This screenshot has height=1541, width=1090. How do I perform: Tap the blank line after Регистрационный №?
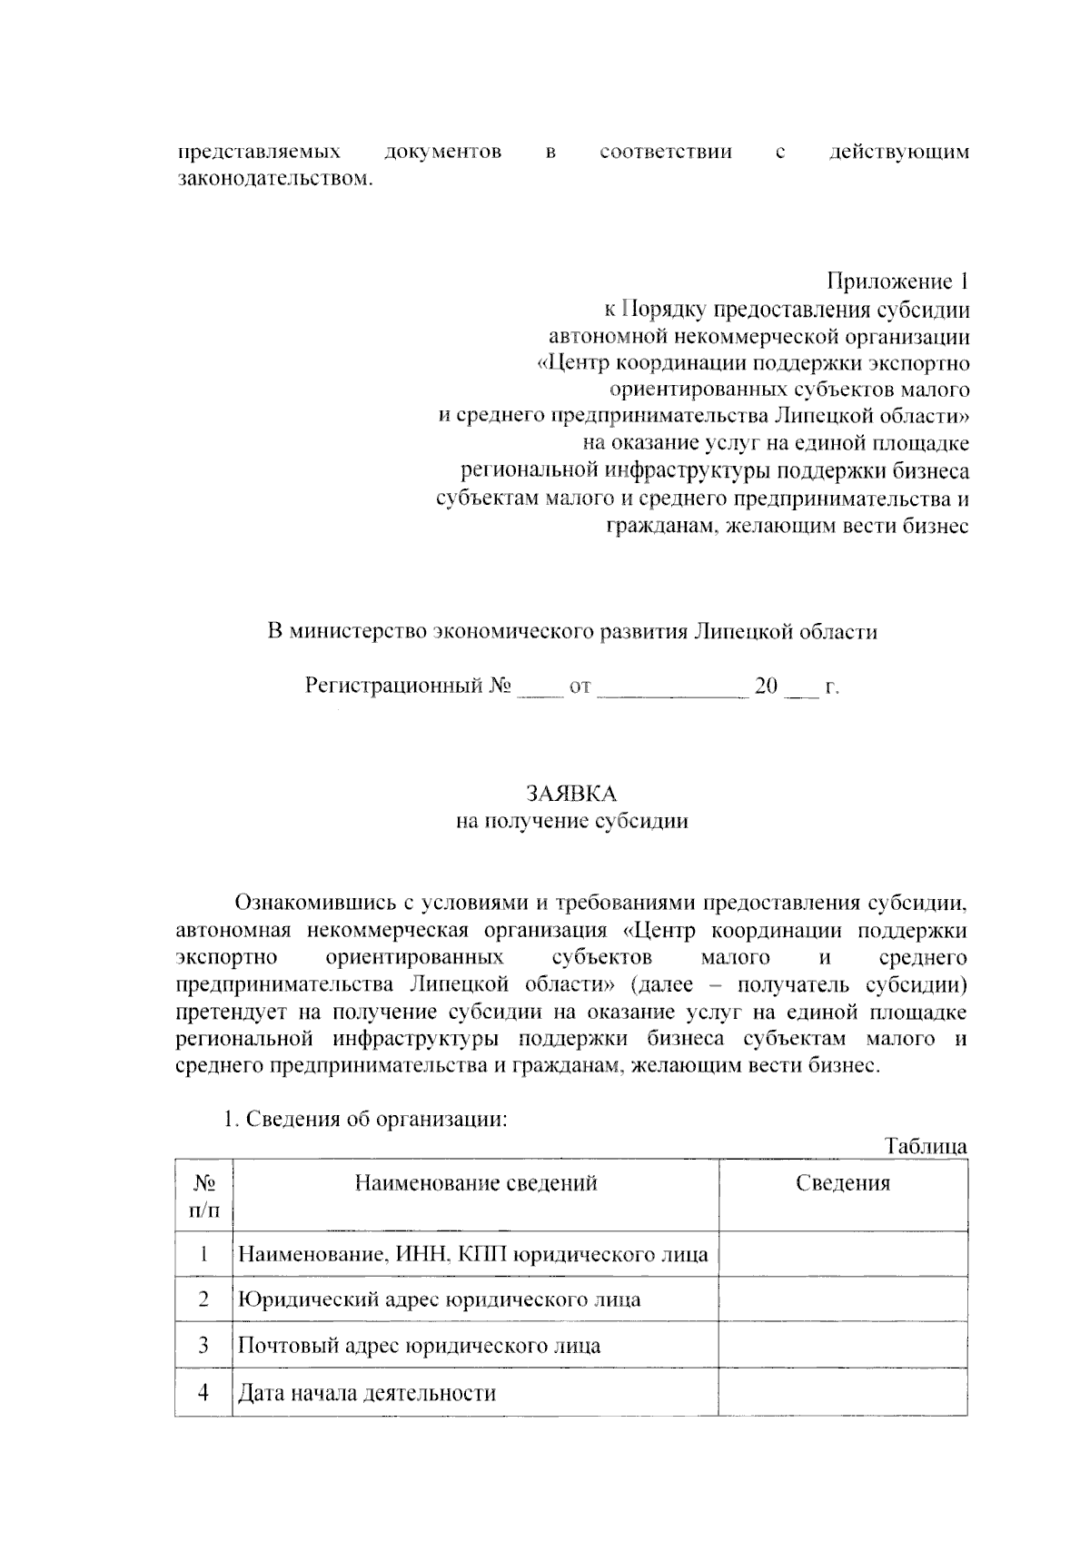click(540, 687)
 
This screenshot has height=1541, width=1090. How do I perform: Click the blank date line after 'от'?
click(673, 687)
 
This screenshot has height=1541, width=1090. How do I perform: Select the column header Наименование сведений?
click(475, 1183)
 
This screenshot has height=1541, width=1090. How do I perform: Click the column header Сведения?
click(842, 1183)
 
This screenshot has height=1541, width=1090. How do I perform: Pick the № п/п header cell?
click(203, 1196)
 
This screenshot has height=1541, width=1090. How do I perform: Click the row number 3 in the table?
click(203, 1345)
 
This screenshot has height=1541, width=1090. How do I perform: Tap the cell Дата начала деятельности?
click(367, 1393)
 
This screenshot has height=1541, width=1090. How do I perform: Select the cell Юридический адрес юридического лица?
click(439, 1299)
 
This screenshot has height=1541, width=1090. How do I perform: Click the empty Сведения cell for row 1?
click(842, 1255)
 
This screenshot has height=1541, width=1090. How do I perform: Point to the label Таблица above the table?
click(926, 1147)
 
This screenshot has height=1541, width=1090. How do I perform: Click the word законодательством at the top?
click(273, 178)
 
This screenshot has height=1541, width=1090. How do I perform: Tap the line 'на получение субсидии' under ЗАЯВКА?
click(571, 822)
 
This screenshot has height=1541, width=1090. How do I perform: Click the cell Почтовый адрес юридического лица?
click(419, 1345)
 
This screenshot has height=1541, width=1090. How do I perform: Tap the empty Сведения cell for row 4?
click(842, 1393)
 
